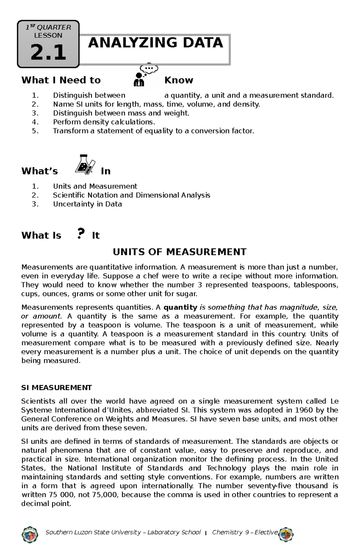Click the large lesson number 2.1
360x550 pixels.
point(48,52)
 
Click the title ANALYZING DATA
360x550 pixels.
point(155,43)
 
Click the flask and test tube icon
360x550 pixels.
point(85,165)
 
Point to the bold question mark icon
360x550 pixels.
point(80,233)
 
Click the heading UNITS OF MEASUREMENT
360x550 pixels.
point(179,252)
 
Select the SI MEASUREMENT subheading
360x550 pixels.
point(56,388)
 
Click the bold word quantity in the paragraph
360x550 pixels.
point(180,307)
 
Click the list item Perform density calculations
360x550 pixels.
point(104,122)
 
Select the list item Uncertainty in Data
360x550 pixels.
point(87,204)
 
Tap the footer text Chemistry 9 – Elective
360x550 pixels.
point(244,532)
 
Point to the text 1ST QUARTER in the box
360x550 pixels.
point(48,28)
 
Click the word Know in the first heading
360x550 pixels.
point(178,80)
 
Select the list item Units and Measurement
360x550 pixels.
point(95,186)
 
